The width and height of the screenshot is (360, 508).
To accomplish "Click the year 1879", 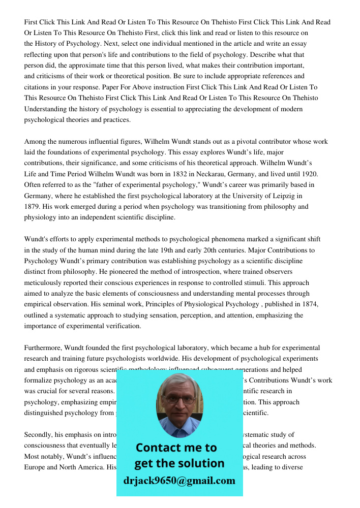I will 33,207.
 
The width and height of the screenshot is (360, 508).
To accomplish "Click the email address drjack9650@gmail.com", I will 179,481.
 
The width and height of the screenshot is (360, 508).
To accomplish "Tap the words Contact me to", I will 176,448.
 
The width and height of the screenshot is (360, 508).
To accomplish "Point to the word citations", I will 38,87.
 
